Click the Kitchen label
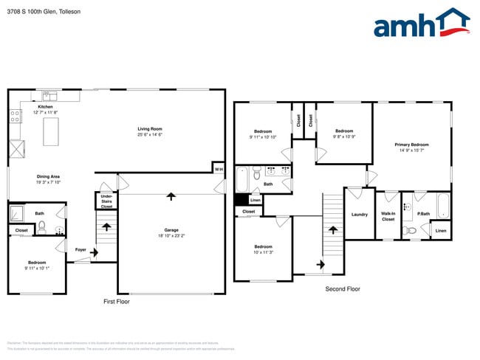click(46, 107)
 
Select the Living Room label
click(150, 130)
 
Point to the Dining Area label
click(48, 176)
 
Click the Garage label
click(171, 230)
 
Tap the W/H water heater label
click(219, 170)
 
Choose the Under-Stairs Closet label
click(106, 201)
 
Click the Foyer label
click(81, 250)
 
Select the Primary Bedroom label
click(411, 145)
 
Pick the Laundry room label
click(360, 215)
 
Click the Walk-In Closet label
click(388, 217)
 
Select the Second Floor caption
click(343, 288)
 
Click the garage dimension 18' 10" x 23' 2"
click(171, 236)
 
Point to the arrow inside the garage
click(171, 196)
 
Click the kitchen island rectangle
click(52, 133)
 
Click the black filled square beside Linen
click(241, 199)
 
